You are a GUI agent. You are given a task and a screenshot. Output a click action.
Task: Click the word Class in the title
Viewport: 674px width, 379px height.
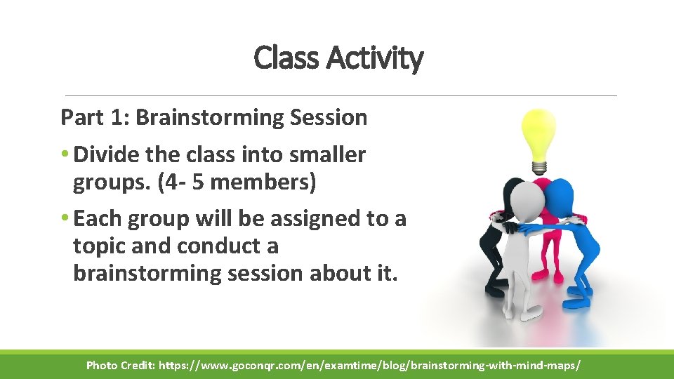(285, 58)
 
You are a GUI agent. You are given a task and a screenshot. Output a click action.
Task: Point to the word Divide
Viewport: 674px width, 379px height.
(106, 154)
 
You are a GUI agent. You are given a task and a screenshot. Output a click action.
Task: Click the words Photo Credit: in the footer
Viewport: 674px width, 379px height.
(120, 366)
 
